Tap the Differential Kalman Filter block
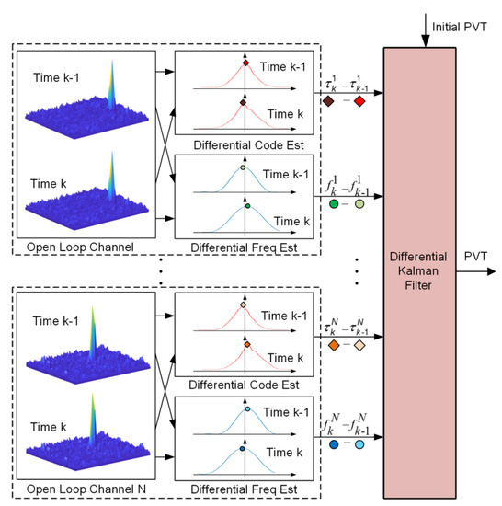(441, 267)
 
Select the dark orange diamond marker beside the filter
(328, 346)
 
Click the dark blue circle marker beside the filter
(329, 443)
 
